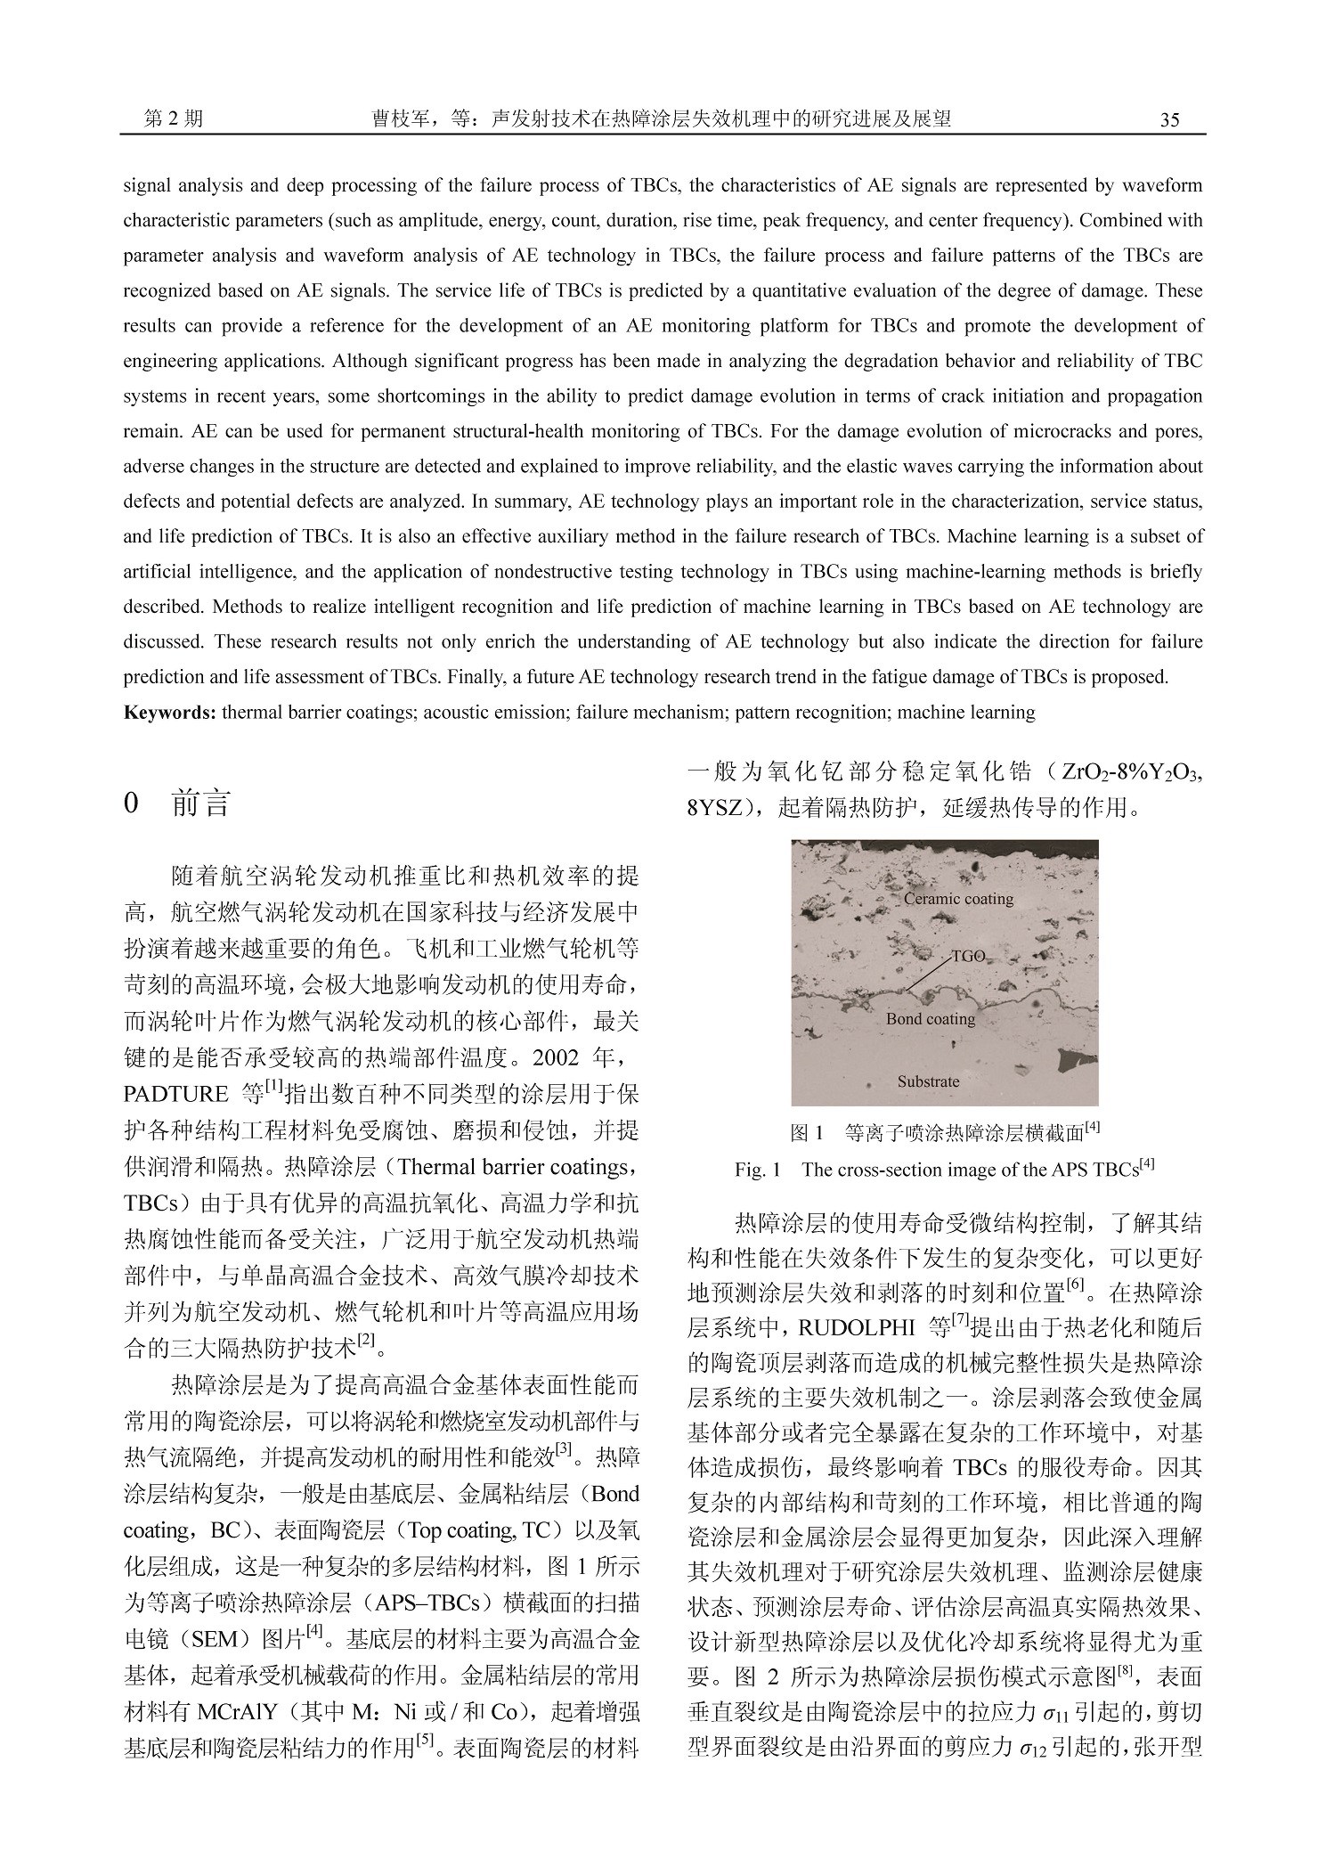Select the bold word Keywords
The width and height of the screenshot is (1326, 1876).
pos(169,713)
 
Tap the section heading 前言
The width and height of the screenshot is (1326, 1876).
pos(201,804)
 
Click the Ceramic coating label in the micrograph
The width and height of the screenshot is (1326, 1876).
pos(958,899)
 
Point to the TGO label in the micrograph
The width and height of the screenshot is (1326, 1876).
pos(968,956)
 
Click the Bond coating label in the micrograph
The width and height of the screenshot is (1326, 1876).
pos(930,1019)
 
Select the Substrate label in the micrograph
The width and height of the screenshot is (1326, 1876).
pos(928,1081)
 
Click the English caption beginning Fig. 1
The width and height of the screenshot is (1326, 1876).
pos(945,1170)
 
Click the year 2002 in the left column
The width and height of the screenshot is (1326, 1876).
pos(557,1057)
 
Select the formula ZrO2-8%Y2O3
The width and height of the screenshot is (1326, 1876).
pos(1131,772)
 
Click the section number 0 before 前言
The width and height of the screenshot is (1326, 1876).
pos(132,804)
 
